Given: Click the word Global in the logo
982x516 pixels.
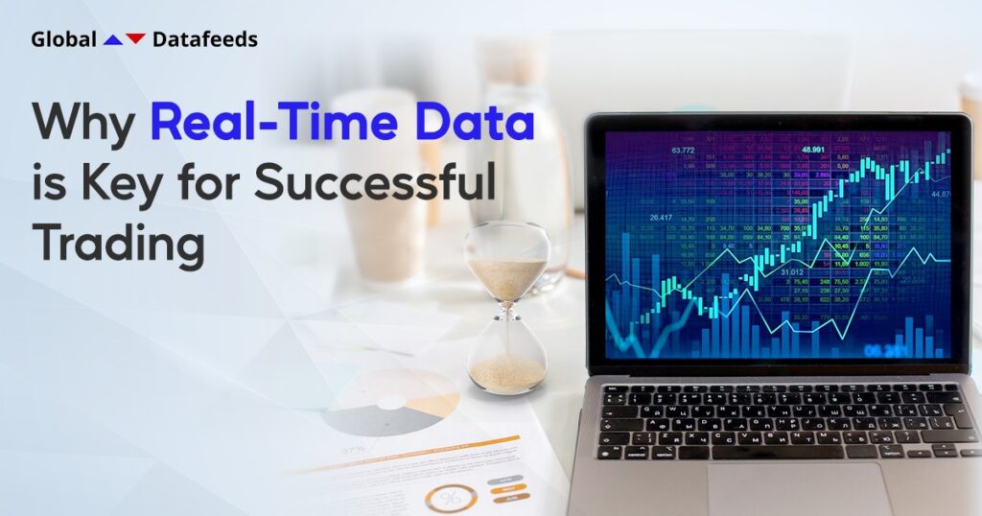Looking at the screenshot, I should click(63, 39).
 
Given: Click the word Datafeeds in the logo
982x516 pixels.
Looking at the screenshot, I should click(205, 39).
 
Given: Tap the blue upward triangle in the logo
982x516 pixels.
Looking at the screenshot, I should click(113, 39).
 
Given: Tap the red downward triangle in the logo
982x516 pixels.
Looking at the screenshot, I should click(135, 38).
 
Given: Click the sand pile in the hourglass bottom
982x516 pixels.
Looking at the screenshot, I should click(506, 372).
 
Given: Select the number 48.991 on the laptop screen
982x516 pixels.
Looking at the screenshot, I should click(813, 150).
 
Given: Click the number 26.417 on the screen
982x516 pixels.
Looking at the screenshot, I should click(661, 218).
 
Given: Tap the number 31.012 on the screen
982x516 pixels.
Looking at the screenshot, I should click(791, 272).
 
